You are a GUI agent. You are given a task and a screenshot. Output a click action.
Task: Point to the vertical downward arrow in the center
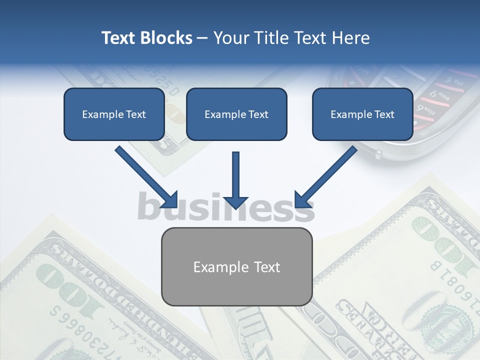[236, 180]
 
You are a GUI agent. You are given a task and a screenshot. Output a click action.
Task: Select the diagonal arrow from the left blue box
[146, 176]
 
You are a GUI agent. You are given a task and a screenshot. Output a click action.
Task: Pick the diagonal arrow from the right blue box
[325, 176]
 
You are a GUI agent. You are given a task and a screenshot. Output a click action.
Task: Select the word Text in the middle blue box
[258, 114]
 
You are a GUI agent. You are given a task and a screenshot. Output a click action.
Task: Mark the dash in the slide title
[202, 38]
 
